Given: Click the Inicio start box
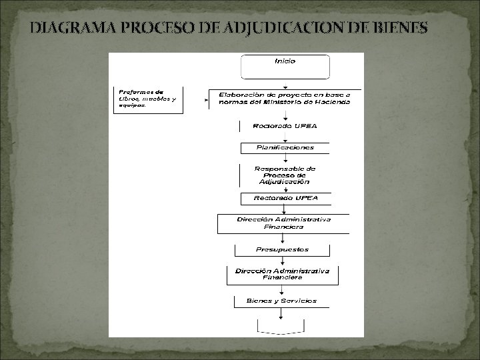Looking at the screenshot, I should [x=285, y=66].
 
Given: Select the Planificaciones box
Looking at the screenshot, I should [x=285, y=147].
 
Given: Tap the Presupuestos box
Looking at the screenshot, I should [x=282, y=250].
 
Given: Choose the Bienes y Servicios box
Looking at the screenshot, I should [x=281, y=301].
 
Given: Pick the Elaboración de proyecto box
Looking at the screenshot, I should [x=285, y=99].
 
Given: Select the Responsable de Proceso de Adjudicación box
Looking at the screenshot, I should [x=285, y=175].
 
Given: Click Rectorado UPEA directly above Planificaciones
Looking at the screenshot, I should [x=285, y=125].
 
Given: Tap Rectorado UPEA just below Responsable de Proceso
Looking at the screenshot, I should [x=285, y=198].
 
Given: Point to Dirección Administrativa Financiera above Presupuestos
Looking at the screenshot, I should [x=283, y=223].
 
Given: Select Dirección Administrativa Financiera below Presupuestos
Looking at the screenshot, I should [x=282, y=274].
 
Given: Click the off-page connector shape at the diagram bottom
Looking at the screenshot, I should [x=281, y=326].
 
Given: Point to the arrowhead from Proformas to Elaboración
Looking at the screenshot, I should [x=207, y=100].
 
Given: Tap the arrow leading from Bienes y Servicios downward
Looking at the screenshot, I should [x=281, y=313].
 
